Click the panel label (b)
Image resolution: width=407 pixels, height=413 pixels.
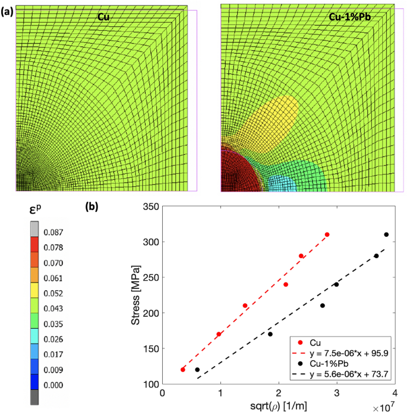(x=97, y=208)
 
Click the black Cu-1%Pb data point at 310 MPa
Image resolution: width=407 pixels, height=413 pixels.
(x=386, y=234)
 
